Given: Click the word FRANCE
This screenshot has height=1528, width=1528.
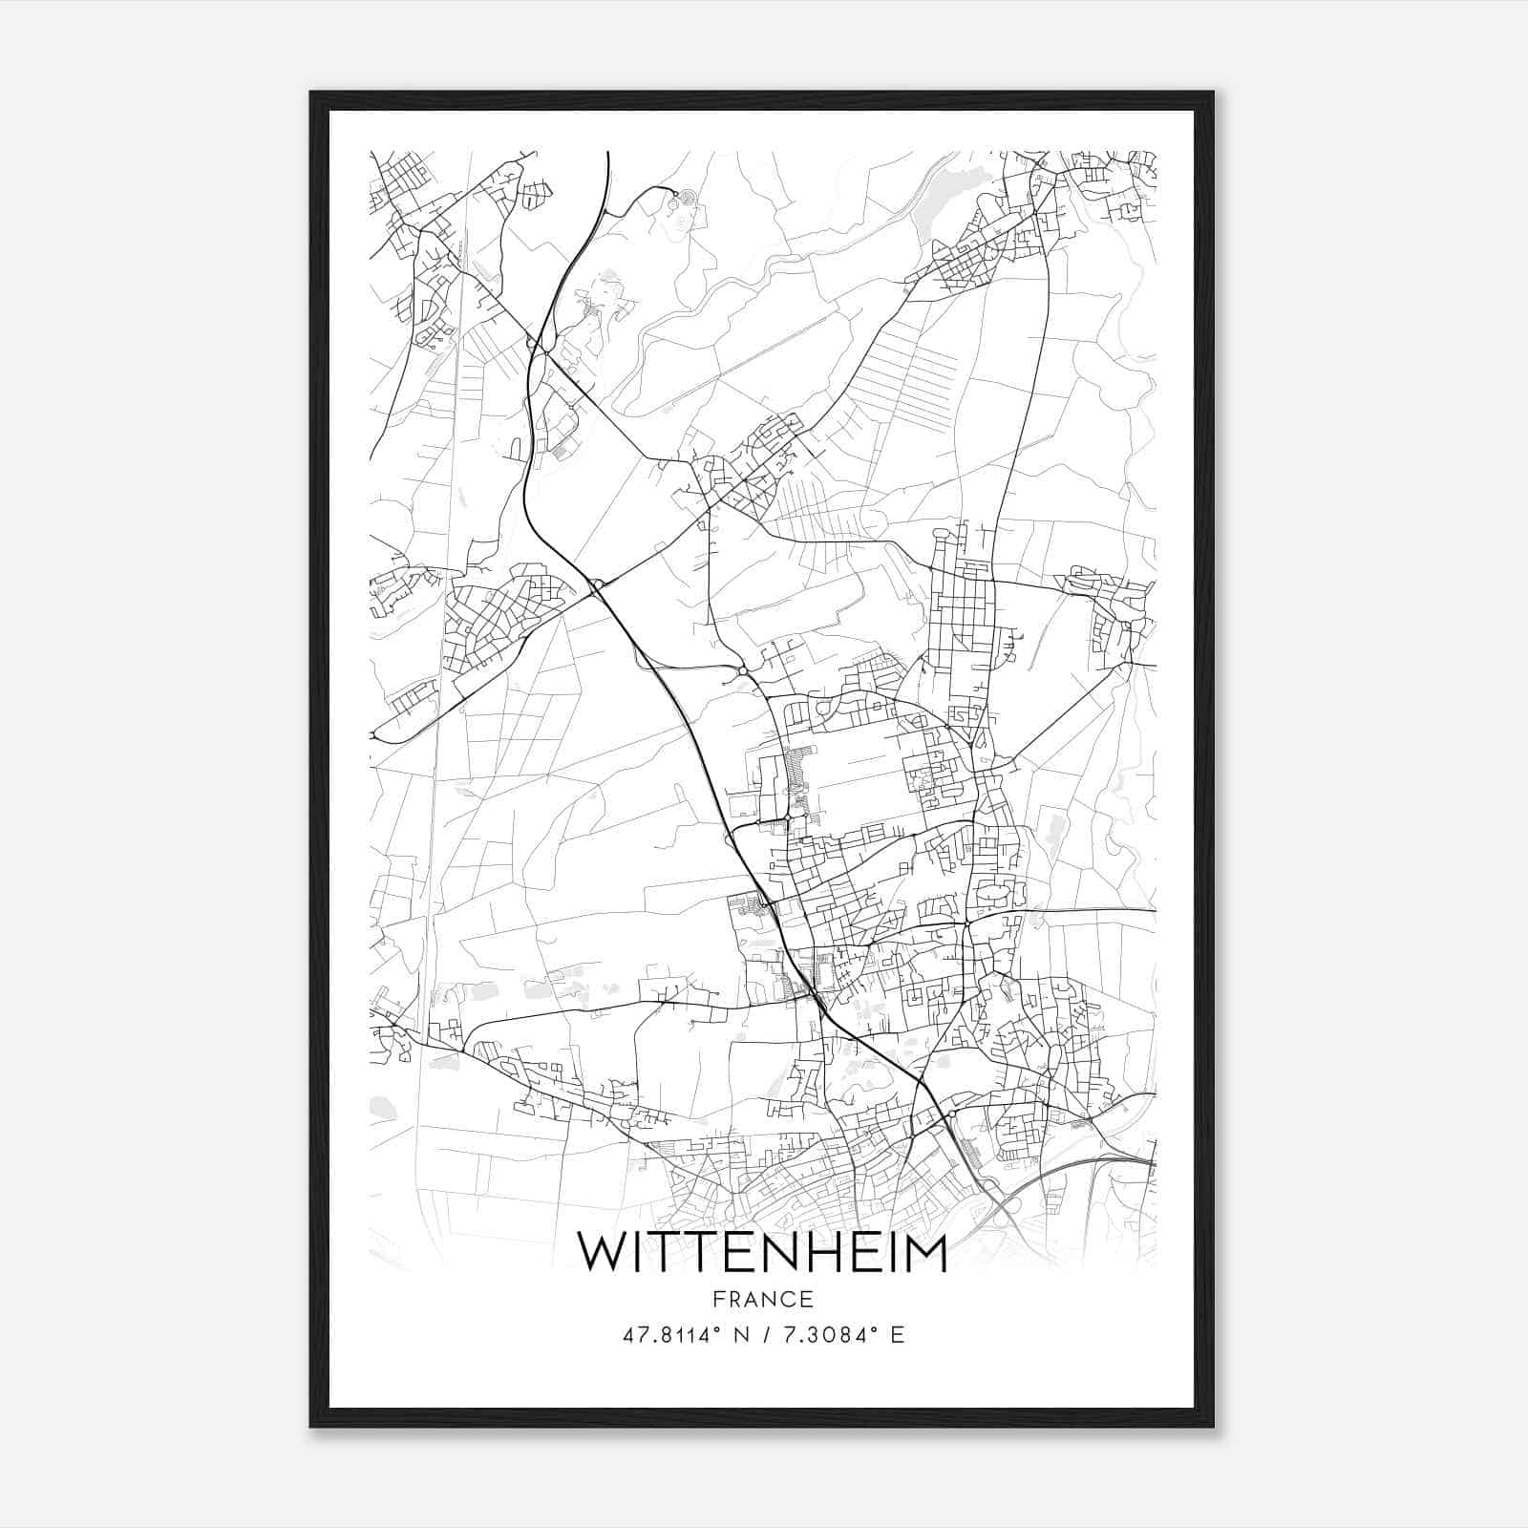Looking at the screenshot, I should tap(763, 1299).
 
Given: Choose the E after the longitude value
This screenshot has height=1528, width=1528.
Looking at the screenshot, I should tap(897, 1335).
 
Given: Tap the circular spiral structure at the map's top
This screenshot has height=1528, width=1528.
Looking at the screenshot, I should tap(675, 200).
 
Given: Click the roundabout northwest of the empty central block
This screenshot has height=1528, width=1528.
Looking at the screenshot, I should tap(742, 672).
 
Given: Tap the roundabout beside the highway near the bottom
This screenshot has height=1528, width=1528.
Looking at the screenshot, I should tap(950, 1115).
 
